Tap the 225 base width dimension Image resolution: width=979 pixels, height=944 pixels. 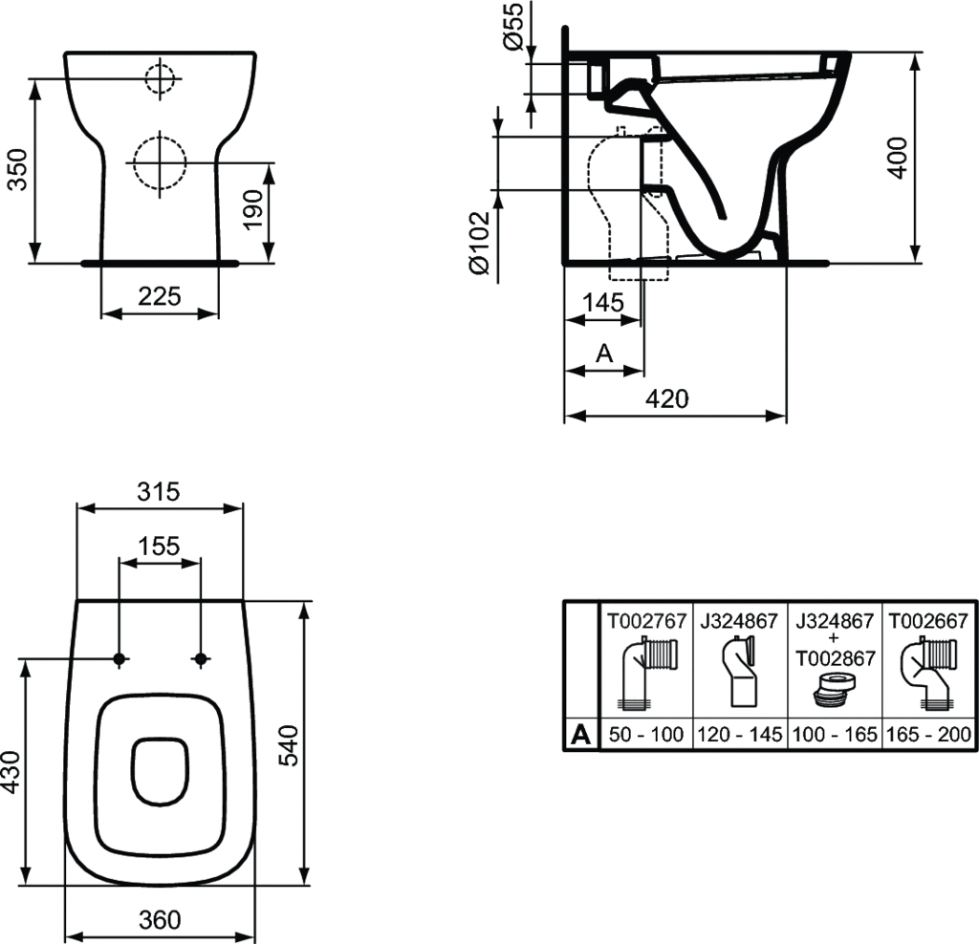point(160,296)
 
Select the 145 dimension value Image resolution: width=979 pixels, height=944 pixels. point(603,302)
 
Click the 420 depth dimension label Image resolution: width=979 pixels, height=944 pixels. point(667,398)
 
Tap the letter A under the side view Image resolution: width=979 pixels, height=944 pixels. point(603,354)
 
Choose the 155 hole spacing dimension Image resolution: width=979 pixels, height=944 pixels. point(159,546)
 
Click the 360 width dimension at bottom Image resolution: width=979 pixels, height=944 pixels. point(160,919)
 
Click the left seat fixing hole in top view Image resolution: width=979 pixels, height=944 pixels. point(119,658)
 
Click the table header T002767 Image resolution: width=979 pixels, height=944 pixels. point(646,620)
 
